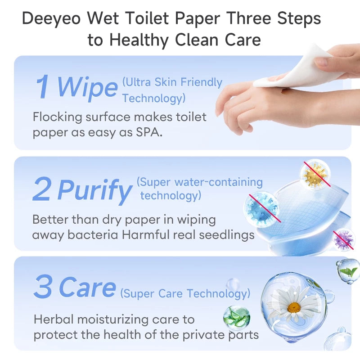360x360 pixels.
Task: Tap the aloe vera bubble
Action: click(x=237, y=316)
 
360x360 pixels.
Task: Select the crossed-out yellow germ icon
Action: click(x=315, y=174)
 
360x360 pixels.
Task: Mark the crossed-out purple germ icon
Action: click(x=343, y=239)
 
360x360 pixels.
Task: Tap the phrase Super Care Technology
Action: click(x=185, y=294)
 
